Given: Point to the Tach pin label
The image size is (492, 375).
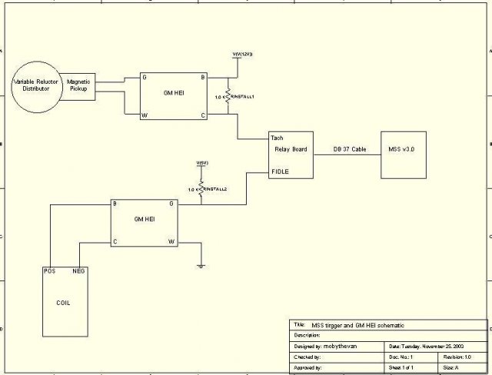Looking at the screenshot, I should tap(278, 138).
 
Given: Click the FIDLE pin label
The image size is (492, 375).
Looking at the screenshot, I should tap(281, 171).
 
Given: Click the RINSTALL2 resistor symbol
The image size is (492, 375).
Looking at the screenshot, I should tap(201, 188).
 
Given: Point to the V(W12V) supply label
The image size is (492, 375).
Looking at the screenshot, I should tap(243, 55).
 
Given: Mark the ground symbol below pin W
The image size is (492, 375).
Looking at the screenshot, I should tap(201, 267).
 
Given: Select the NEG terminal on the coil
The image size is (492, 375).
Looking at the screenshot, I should tap(78, 270).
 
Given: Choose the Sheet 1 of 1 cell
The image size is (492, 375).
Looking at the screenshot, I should tap(407, 368).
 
